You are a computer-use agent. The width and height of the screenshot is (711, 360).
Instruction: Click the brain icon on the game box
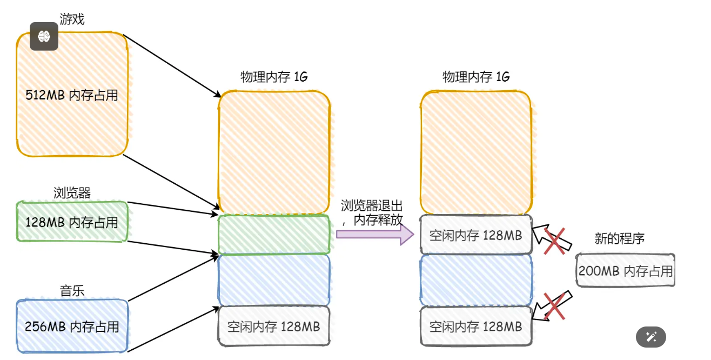tap(44, 36)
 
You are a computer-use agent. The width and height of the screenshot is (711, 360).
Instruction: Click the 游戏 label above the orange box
tap(72, 20)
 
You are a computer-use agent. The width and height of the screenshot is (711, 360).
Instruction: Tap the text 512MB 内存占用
tap(72, 95)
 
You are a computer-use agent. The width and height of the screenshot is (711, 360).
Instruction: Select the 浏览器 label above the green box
tap(72, 193)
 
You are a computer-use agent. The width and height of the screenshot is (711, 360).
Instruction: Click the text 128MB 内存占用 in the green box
tap(72, 222)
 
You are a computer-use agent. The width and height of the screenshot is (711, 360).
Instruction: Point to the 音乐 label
tap(72, 291)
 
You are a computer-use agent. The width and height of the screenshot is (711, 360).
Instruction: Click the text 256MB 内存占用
tap(72, 326)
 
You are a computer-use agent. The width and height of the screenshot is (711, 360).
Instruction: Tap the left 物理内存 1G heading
tap(274, 77)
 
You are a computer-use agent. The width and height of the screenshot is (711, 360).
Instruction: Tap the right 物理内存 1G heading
tap(476, 77)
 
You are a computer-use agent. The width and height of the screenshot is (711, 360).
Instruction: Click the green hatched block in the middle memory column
tap(274, 235)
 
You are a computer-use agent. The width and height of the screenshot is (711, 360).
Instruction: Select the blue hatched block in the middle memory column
tap(274, 279)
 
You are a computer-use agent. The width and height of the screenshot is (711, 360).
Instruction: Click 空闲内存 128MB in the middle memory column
tap(274, 326)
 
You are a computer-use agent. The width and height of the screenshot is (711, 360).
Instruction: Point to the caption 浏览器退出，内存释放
tap(372, 212)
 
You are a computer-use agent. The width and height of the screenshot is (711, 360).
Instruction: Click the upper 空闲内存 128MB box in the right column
tap(476, 235)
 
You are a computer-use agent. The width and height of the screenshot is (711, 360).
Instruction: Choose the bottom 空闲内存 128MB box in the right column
tap(476, 326)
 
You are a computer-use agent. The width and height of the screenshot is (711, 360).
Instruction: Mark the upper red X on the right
tap(555, 241)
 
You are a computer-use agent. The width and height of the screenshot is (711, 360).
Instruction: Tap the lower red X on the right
tap(555, 305)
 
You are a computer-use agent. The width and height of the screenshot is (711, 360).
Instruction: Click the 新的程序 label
tap(620, 238)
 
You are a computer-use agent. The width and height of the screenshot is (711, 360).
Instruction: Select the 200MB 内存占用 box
tap(626, 270)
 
